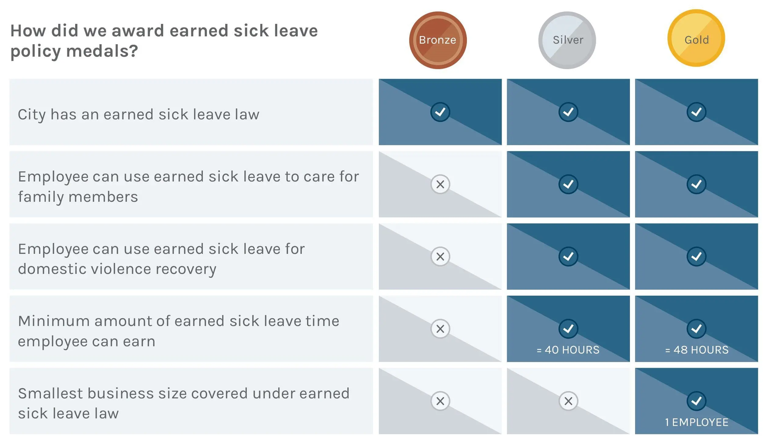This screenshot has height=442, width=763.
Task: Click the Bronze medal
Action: (438, 40)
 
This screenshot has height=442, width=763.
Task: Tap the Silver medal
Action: (567, 40)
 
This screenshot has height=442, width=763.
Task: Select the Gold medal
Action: (696, 38)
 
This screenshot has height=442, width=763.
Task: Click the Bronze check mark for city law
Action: (440, 112)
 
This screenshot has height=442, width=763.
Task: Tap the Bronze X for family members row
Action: (440, 184)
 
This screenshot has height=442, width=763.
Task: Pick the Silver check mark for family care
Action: (568, 184)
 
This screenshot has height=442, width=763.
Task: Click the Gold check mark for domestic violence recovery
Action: (696, 257)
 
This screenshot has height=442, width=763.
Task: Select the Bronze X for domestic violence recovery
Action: (440, 257)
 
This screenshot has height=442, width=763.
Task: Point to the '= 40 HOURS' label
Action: (568, 350)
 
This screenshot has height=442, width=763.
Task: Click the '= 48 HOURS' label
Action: (697, 350)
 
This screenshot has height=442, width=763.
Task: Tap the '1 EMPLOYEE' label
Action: (696, 422)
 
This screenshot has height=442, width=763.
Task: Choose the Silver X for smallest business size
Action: (568, 401)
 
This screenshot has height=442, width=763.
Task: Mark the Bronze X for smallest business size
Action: (440, 401)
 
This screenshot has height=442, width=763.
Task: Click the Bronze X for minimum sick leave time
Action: (440, 329)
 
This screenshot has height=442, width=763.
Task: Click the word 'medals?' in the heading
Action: (102, 51)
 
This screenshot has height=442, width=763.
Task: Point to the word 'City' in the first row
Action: (32, 115)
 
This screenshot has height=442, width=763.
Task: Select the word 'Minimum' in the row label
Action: (53, 321)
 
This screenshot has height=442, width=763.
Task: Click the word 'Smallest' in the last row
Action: (50, 393)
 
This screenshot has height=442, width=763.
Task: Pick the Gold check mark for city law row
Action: (696, 112)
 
